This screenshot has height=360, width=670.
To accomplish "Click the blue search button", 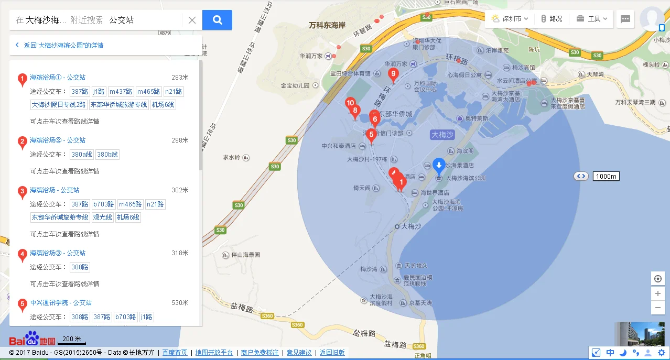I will pos(217,20).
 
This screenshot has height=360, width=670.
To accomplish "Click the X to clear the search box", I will pos(192,20).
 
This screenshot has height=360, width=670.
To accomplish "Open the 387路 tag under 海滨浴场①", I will pos(80,92).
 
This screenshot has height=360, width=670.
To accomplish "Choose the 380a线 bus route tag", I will pos(82,155).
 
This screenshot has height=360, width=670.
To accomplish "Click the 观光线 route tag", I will pos(102,217).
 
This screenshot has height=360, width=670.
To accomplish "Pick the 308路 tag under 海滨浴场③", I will pos(80,267).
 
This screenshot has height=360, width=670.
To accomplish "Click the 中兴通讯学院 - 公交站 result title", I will pos(61,303).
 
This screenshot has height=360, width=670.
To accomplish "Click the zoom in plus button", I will pos(658,293).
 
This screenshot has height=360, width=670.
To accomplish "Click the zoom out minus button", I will pos(658,307).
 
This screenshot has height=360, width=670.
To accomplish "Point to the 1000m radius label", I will pos(606,176).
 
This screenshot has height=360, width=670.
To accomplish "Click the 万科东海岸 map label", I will pos(327,25).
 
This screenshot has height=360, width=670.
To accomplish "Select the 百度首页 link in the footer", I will pos(175,353).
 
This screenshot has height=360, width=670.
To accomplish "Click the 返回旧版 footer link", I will pos(332,353).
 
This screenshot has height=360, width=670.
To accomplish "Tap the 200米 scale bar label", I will pos(71,339).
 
